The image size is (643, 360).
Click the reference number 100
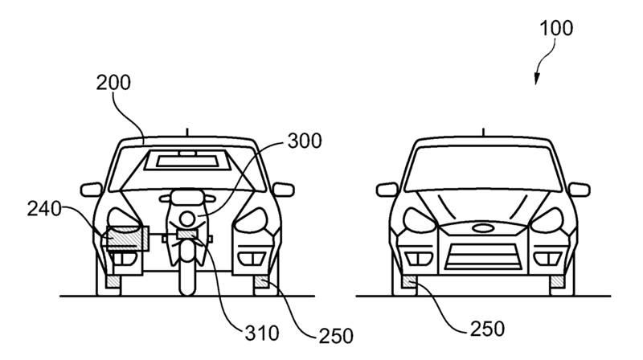click(556, 28)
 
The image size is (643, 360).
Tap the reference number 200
click(113, 83)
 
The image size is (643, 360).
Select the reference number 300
click(305, 141)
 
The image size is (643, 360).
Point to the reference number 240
click(44, 209)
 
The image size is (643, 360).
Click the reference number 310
click(262, 333)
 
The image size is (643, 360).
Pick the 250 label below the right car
click(488, 329)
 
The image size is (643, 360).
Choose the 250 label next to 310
click(336, 336)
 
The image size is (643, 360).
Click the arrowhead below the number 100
click(536, 80)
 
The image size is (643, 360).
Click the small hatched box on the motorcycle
click(187, 234)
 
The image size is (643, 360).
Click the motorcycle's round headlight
click(186, 219)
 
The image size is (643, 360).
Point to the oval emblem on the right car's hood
click(483, 228)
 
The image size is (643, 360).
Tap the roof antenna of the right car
click(484, 132)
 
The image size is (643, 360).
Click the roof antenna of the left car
click(187, 132)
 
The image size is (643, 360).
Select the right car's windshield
click(483, 169)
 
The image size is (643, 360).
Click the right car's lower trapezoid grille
click(483, 256)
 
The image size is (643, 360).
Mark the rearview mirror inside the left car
click(187, 153)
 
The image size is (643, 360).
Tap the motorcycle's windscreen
click(186, 198)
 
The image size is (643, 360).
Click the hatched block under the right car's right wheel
click(556, 282)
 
